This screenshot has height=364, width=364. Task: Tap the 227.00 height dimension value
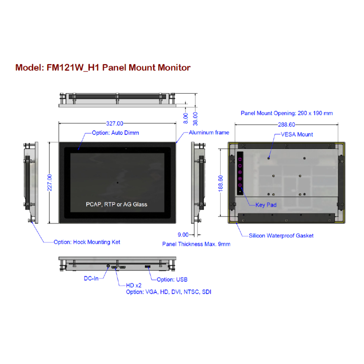pos(49,182)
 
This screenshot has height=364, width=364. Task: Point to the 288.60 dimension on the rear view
pos(286,124)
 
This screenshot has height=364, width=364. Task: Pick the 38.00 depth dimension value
pos(195,118)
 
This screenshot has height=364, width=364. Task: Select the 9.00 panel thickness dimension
pos(183,235)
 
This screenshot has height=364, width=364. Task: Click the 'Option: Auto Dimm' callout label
pos(115,133)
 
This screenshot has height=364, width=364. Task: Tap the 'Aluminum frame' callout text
pos(209,132)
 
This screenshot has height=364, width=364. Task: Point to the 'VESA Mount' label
pos(297,134)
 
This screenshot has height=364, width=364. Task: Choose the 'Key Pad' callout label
pos(266,205)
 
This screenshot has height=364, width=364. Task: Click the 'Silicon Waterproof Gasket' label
pos(281,235)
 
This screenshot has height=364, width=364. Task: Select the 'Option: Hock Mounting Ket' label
pos(87,242)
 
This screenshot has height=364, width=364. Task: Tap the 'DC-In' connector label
pos(91,278)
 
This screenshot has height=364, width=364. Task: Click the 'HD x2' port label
pos(134,285)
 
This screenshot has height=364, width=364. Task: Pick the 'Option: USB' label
pos(172,279)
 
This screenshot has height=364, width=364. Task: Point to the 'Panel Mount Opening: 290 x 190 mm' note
pos(287,113)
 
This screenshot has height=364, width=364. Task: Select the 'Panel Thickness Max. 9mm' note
pos(196,244)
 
